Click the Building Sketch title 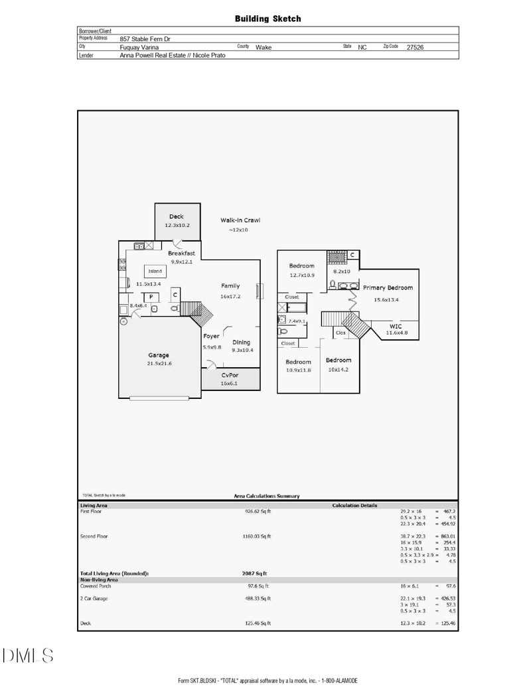tap(267, 19)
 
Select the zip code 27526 tap(415, 47)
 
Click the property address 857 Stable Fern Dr tap(145, 39)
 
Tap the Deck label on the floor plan tap(177, 216)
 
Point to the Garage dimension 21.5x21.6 tap(159, 364)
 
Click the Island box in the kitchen tap(155, 271)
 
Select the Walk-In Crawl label tap(240, 220)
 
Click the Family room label tap(230, 286)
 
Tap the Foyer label tap(211, 336)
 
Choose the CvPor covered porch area tap(230, 378)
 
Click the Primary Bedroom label tap(388, 288)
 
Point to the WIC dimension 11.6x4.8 tap(397, 333)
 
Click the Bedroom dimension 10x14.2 tap(339, 370)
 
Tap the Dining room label tap(242, 343)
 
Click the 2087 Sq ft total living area tap(255, 573)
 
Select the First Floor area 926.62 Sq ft tap(258, 512)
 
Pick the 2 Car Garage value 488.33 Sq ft tap(258, 599)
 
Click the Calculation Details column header tap(354, 505)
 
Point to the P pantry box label tap(151, 297)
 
